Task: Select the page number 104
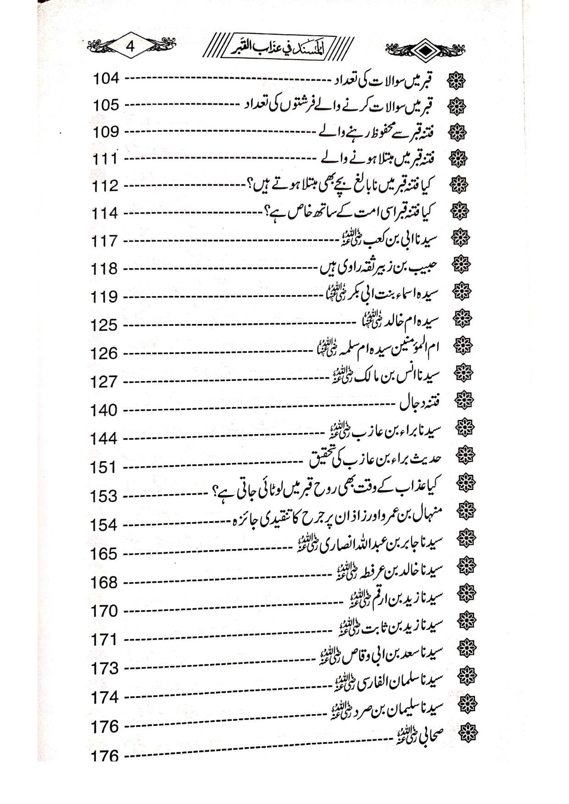(106, 78)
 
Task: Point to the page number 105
(106, 105)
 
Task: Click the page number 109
(106, 132)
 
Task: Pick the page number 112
(106, 187)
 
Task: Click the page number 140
(106, 411)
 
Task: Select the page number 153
(106, 496)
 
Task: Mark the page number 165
(106, 554)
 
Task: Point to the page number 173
(106, 669)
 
